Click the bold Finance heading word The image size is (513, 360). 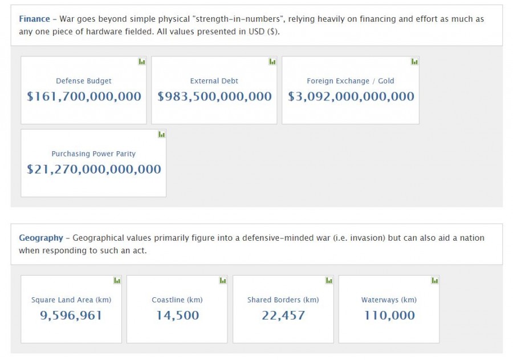pos(34,19)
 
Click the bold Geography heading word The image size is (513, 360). pos(41,238)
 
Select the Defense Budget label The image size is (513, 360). pos(84,81)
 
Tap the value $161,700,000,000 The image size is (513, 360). pos(84,96)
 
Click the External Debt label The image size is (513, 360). pos(214,81)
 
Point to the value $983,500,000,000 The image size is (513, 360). pos(214,96)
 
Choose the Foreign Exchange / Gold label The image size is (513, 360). pos(351,81)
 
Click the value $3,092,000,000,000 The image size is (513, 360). pos(351,96)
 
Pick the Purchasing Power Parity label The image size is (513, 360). pos(93,154)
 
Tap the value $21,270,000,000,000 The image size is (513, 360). pos(93,169)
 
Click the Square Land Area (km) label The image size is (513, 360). pos(71,300)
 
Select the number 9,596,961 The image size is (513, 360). pos(71,315)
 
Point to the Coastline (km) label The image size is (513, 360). pos(177,300)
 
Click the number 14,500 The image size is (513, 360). pos(177,315)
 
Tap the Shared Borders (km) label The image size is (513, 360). pos(283,300)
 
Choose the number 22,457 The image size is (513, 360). pos(283,315)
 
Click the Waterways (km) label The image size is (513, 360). pos(389,300)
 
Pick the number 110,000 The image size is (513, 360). pos(389,315)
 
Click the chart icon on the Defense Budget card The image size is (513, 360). pos(142,62)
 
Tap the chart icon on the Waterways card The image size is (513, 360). pos(435,281)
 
